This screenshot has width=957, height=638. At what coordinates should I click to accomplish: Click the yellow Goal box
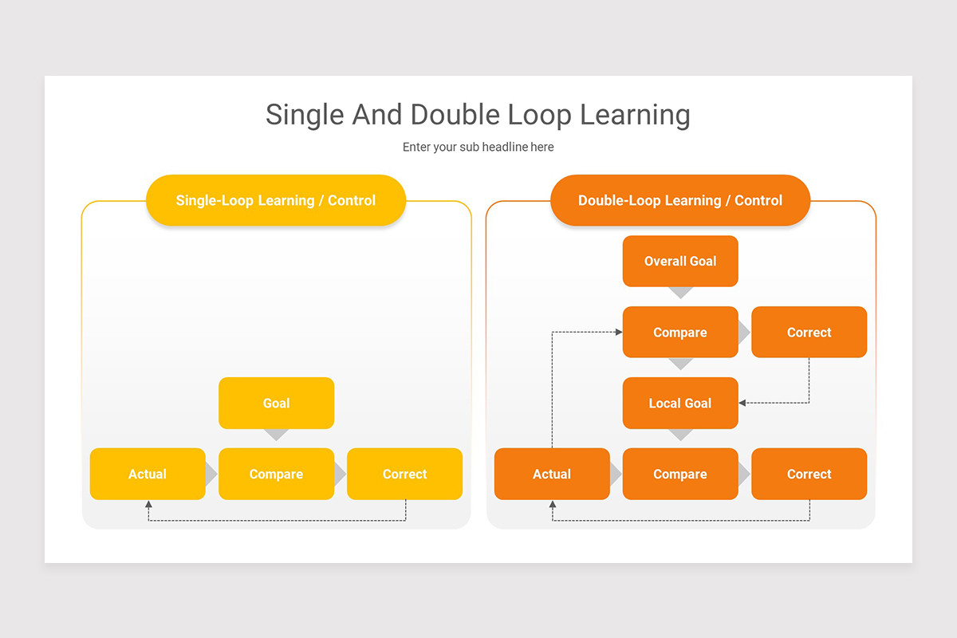tap(277, 403)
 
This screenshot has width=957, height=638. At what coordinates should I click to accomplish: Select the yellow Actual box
tap(148, 474)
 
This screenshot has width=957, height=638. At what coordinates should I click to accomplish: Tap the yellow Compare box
tap(277, 474)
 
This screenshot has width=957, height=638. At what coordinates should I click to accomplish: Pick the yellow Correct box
tap(404, 474)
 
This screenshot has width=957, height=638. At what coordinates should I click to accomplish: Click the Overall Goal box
tap(680, 261)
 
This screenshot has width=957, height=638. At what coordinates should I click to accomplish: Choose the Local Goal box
tap(680, 403)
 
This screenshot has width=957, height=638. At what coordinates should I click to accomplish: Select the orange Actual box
tap(552, 474)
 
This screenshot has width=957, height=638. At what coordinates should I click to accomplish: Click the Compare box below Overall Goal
tap(680, 332)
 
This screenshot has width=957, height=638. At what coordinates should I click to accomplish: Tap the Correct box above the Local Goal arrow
tap(809, 332)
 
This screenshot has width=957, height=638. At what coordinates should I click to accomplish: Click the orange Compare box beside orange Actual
tap(680, 474)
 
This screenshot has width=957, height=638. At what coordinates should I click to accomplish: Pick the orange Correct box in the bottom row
tap(809, 474)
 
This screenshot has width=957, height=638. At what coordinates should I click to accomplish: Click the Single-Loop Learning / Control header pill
tap(276, 200)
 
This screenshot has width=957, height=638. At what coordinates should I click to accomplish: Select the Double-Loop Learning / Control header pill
tap(680, 200)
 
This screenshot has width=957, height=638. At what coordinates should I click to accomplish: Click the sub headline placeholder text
tap(478, 147)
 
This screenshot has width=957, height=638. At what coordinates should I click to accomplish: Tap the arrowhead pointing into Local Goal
tap(742, 403)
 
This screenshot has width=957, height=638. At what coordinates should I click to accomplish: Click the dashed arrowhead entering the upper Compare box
tap(619, 332)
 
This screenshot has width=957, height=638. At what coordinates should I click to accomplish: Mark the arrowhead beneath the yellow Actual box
tap(148, 504)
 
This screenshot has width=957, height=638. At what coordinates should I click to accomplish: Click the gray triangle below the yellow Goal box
tap(277, 435)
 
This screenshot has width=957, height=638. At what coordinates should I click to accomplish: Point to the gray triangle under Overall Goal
tap(680, 293)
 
